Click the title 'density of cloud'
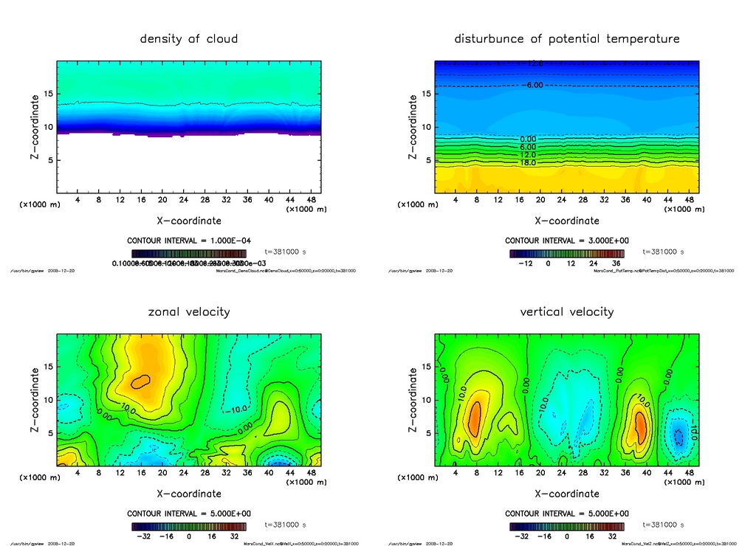189,38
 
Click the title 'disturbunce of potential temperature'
567,38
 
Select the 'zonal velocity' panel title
189,311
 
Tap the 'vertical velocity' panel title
567,311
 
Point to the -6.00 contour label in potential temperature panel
533,86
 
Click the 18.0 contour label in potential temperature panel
528,162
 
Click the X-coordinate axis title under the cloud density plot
189,220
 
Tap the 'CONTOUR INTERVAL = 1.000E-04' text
189,241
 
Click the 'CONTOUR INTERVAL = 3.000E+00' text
567,241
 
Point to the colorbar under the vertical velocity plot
567,527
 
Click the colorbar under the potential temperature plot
567,253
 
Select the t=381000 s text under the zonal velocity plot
285,525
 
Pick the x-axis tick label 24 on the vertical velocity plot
562,473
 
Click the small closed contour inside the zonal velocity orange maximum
140,381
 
